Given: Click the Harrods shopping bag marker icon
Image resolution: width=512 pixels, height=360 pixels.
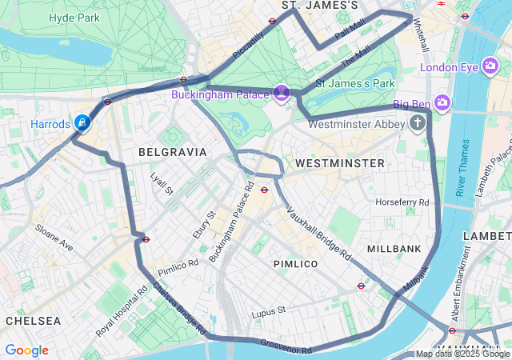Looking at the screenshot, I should [82, 123].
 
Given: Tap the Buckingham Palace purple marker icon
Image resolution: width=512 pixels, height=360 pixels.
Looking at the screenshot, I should [281, 94].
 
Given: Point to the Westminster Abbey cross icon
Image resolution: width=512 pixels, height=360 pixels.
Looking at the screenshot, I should [417, 123].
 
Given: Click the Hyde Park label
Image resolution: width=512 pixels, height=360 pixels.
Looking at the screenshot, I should [74, 18].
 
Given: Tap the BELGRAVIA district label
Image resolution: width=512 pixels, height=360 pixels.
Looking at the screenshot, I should [173, 151].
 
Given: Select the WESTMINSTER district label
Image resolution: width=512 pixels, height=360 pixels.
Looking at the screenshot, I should [340, 163].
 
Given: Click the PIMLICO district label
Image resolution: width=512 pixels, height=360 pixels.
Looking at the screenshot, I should [295, 263].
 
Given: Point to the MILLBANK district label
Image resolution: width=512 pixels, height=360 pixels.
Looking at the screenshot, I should [394, 249].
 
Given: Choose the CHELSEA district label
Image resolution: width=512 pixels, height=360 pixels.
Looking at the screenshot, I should [34, 320].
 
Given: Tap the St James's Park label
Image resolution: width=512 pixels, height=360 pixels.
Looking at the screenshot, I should [355, 82].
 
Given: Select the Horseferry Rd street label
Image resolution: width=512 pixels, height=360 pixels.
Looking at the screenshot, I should [402, 202].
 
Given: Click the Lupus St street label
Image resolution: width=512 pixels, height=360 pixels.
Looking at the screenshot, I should [269, 310].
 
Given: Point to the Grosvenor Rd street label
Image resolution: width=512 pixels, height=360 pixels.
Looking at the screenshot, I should [286, 346].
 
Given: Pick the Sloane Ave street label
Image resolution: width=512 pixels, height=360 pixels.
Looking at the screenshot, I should [53, 238].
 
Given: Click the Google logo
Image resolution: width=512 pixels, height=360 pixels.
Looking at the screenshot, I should [26, 350].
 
